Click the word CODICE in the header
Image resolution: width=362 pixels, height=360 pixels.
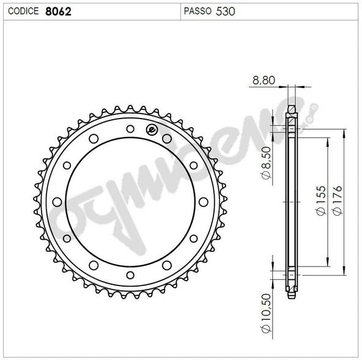click(x=24, y=11)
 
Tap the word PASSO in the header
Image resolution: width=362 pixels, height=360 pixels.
click(x=197, y=11)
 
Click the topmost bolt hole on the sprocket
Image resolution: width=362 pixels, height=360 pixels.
click(x=130, y=128)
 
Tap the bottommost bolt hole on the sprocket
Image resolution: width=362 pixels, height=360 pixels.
click(x=130, y=273)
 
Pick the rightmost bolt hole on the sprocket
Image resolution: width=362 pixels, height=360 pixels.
click(x=202, y=200)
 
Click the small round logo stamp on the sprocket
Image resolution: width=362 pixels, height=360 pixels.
click(x=152, y=129)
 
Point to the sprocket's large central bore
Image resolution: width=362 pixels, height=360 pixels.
click(x=130, y=200)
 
